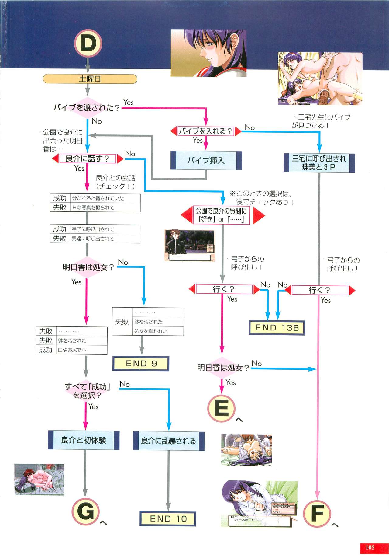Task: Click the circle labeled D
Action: tap(88, 43)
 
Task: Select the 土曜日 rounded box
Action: tap(90, 79)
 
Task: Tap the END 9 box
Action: tap(141, 363)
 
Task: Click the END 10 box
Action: tap(168, 518)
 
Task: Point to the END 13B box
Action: tap(277, 328)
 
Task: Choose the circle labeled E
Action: tap(221, 408)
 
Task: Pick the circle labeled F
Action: tap(317, 514)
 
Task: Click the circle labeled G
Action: tap(85, 512)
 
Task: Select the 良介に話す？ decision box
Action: tap(88, 159)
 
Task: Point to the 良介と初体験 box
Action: tap(84, 440)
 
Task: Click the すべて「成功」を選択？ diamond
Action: tap(87, 391)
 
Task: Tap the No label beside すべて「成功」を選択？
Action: tap(125, 384)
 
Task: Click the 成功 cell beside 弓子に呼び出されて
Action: tap(60, 229)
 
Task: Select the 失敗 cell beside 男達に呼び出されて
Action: tap(60, 239)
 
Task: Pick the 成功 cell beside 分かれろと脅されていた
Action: tap(60, 198)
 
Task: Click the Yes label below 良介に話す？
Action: tap(79, 168)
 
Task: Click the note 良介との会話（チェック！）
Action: tap(115, 182)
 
